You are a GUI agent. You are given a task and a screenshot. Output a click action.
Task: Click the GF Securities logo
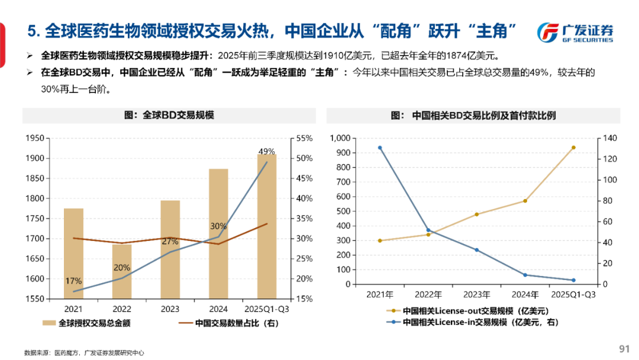pos(576,33)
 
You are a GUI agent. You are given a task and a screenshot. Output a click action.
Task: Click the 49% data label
pos(266,152)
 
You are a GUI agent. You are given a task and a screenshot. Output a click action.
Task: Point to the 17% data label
pos(73,281)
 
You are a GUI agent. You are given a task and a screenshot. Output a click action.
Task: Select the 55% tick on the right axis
pos(304,138)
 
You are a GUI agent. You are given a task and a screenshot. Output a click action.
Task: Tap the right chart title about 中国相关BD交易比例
pos(473,115)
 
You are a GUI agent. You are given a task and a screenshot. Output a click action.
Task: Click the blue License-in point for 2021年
pos(379,147)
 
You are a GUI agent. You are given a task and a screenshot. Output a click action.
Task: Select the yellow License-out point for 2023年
pos(476,214)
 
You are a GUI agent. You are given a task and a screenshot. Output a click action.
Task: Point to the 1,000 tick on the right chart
pos(341,138)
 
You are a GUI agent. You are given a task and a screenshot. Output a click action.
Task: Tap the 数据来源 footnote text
pos(83,353)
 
